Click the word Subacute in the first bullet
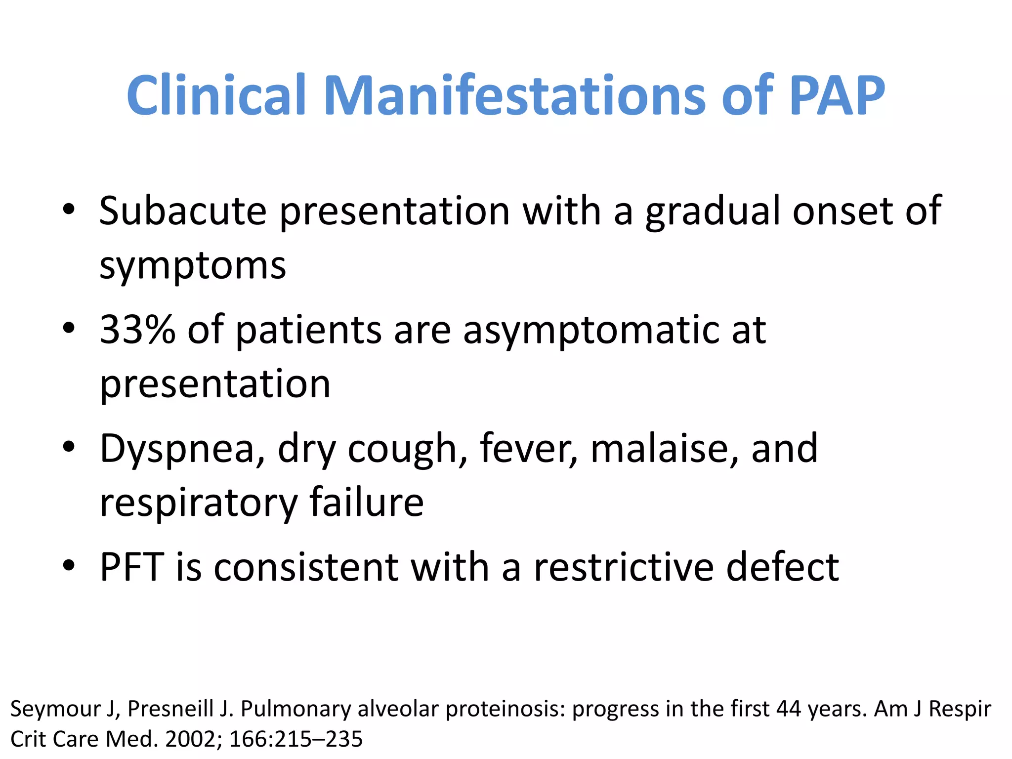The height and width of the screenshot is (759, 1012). click(x=183, y=211)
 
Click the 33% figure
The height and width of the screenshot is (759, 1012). click(x=137, y=330)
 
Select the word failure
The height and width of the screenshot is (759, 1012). click(x=366, y=503)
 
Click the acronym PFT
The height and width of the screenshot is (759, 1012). click(x=132, y=567)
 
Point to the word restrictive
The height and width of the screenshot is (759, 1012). click(x=624, y=567)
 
